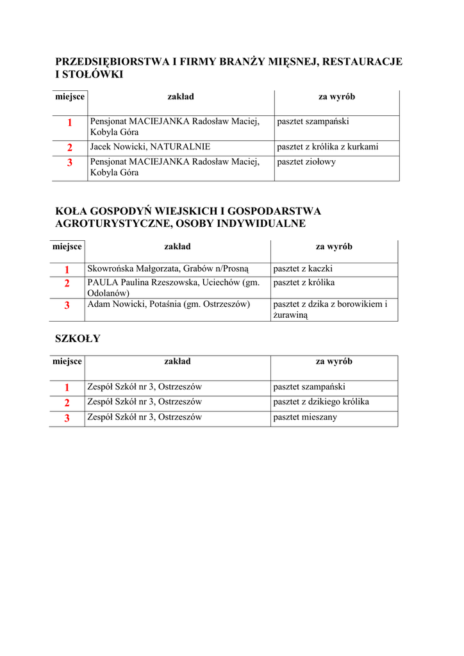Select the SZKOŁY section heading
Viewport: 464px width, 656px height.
78,339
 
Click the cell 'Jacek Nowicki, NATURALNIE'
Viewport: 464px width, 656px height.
150,147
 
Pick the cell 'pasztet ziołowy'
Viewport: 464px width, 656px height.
306,162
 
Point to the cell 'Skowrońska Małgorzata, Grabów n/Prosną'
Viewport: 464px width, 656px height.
167,269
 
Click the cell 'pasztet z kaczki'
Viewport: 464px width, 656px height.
302,269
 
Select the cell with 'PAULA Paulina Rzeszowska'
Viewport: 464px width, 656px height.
173,288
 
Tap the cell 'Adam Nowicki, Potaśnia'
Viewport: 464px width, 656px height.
169,304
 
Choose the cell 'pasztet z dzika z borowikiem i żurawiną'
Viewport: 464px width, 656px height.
330,309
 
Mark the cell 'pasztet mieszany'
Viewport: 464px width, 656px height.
305,418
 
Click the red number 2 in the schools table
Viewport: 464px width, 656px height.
67,403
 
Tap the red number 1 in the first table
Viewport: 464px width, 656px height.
69,122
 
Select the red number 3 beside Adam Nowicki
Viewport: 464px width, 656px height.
67,306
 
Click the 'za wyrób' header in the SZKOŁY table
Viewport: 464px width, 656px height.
334,362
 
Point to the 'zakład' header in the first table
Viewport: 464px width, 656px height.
181,97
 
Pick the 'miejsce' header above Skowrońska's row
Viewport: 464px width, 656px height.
67,247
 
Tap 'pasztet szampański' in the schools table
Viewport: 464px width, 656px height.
309,387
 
